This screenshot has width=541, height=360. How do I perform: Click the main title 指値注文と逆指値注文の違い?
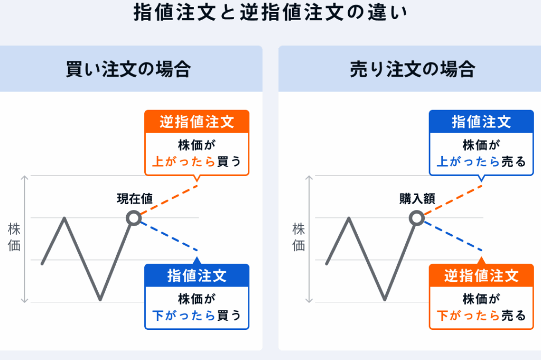[x=270, y=13]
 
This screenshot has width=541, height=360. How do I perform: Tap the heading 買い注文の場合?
[x=128, y=69]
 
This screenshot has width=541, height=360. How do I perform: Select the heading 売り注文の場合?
[x=413, y=69]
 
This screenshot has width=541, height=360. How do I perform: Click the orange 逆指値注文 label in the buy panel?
[x=197, y=122]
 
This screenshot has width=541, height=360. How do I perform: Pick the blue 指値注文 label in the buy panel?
[x=197, y=276]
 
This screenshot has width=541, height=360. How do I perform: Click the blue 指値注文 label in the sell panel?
[x=481, y=122]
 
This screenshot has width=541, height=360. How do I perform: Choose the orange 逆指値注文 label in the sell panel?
[x=481, y=276]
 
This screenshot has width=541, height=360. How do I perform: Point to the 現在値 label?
[x=135, y=198]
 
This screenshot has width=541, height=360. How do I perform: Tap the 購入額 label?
[x=417, y=198]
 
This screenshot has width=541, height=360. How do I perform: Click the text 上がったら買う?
[x=197, y=161]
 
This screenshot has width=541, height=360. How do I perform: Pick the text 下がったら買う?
[x=197, y=315]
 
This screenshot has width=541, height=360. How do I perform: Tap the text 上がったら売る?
[x=481, y=161]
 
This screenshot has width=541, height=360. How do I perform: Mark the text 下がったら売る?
[x=481, y=315]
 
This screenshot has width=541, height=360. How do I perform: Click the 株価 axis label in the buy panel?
[x=14, y=237]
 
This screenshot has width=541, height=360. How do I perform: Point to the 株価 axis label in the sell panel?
[x=299, y=237]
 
